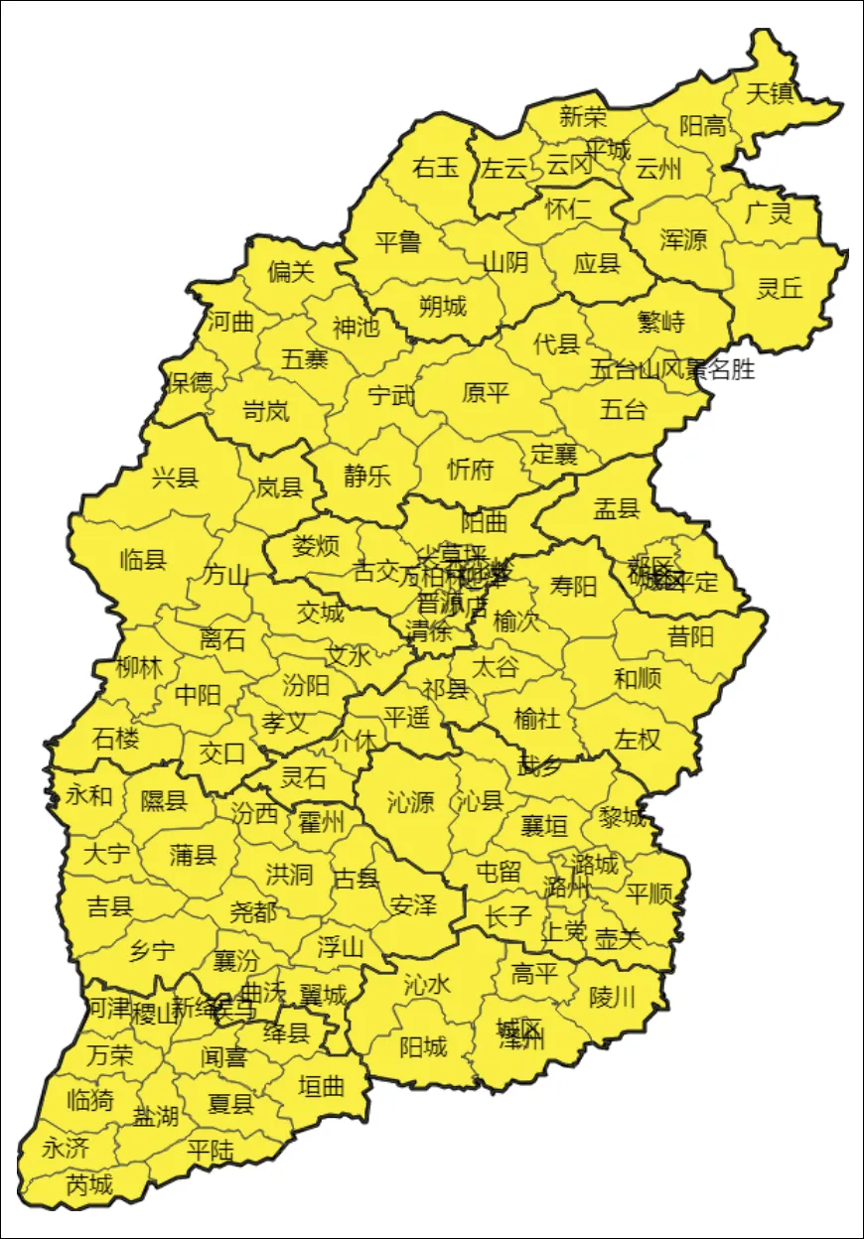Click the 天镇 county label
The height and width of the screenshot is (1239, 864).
[x=770, y=94]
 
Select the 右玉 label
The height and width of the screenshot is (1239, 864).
[x=436, y=168]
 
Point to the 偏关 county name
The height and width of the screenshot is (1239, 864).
[x=291, y=271]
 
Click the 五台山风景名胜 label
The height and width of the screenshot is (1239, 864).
[x=672, y=370]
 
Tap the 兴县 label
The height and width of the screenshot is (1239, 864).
[x=175, y=479]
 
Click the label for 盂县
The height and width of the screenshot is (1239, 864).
[x=616, y=509]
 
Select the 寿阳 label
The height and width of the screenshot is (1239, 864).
[x=574, y=587]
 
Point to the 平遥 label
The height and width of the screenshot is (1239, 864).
[x=407, y=717]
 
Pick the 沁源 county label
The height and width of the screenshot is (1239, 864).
[x=410, y=801]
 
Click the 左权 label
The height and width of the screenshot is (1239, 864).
[x=638, y=740]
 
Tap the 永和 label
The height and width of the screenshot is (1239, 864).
[x=89, y=795]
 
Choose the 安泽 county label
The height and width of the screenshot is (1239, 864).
[x=413, y=905]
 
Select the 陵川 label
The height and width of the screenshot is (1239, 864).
[x=612, y=997]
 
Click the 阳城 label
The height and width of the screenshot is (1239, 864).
[x=423, y=1046]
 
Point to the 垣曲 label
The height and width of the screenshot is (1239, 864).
[x=322, y=1086]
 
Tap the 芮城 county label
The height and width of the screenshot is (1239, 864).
[x=89, y=1184]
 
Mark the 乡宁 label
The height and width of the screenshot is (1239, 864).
[x=152, y=951]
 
